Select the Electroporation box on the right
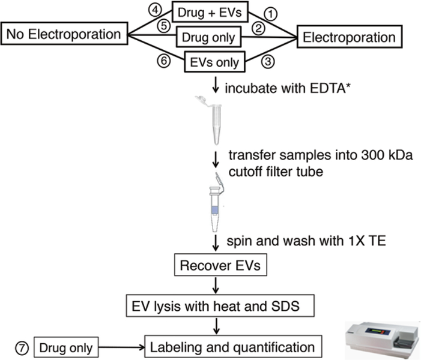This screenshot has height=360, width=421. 350,38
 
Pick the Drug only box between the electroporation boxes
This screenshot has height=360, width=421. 208,37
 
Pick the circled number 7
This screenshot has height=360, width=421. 20,346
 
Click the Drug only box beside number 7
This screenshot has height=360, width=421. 65,347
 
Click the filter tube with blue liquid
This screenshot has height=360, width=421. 216,204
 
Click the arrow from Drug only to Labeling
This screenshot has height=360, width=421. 123,347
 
